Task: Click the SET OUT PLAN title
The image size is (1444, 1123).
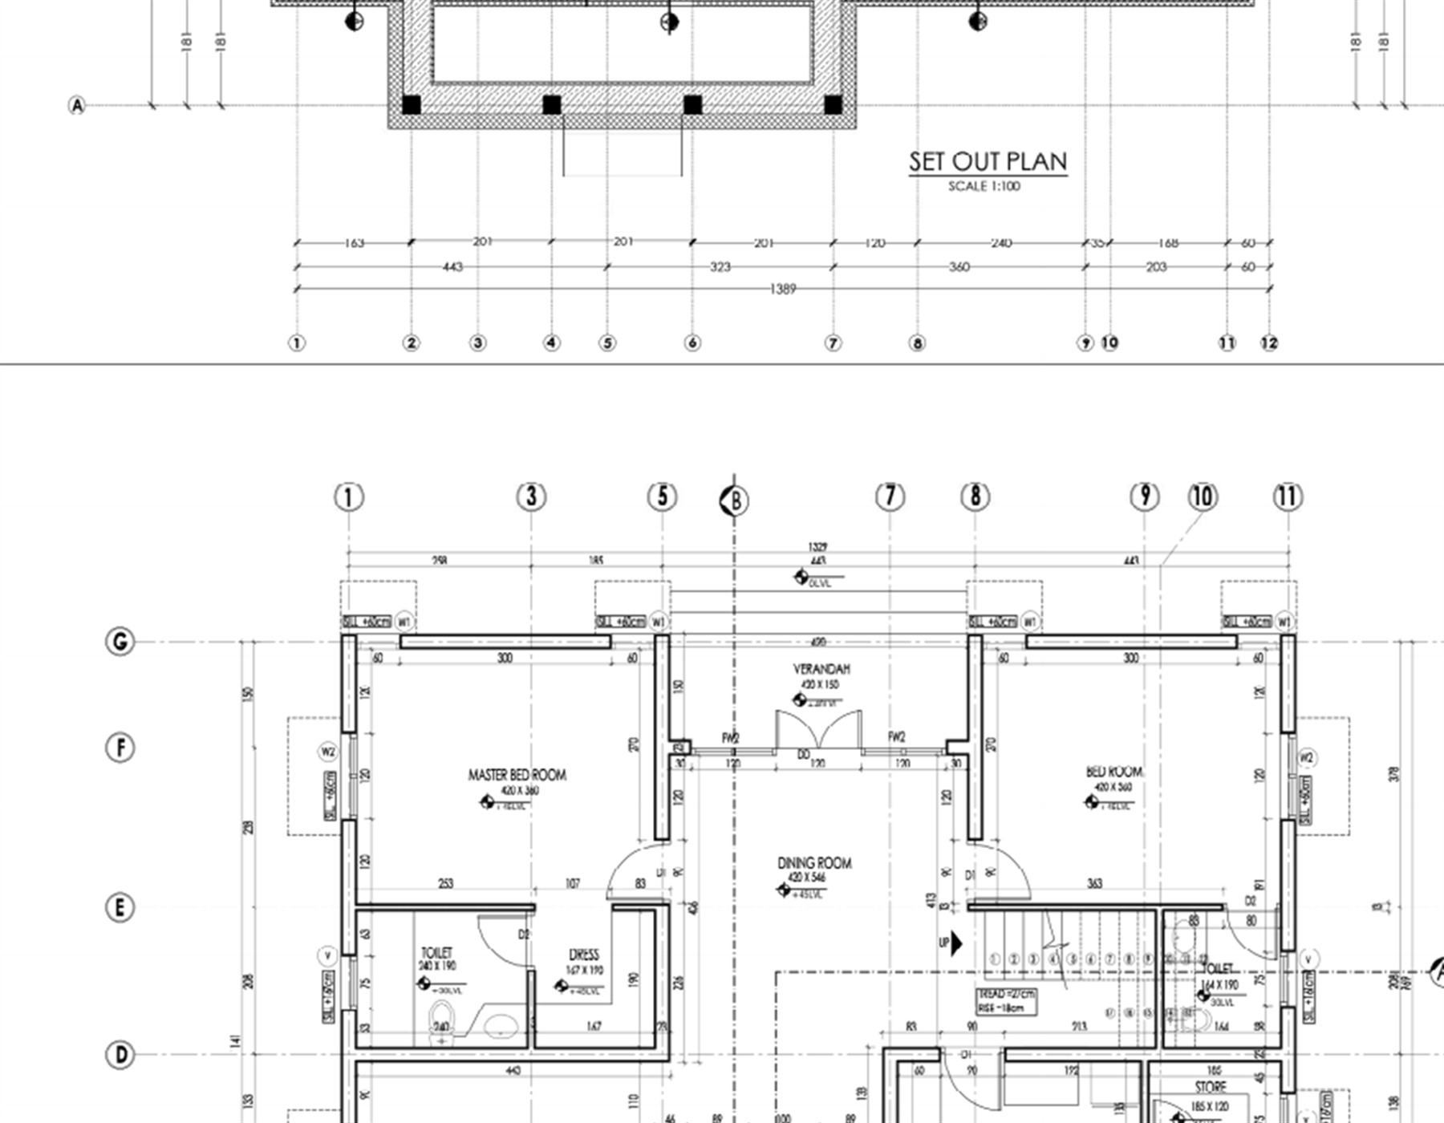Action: pyautogui.click(x=988, y=161)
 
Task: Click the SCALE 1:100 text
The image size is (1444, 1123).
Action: pyautogui.click(x=984, y=186)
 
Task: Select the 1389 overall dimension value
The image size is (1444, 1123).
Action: pyautogui.click(x=782, y=289)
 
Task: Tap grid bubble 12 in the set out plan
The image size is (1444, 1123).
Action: pyautogui.click(x=1268, y=343)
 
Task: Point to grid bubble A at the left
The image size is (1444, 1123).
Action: pyautogui.click(x=77, y=105)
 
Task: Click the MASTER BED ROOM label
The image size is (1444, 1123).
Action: pyautogui.click(x=517, y=775)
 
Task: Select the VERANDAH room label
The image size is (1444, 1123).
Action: pyautogui.click(x=821, y=669)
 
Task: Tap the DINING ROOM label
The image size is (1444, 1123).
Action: pyautogui.click(x=814, y=863)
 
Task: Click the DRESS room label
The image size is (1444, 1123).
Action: pyautogui.click(x=584, y=955)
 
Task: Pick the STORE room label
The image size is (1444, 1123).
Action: pyautogui.click(x=1210, y=1087)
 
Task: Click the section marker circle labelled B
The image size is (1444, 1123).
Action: pyautogui.click(x=734, y=501)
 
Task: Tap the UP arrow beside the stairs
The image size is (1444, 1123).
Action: pyautogui.click(x=955, y=943)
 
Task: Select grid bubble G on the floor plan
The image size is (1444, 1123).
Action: pyautogui.click(x=120, y=642)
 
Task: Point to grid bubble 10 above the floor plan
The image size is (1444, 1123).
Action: pyautogui.click(x=1202, y=497)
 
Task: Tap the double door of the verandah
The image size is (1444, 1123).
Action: pyautogui.click(x=818, y=730)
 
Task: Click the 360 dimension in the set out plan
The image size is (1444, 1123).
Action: pyautogui.click(x=959, y=267)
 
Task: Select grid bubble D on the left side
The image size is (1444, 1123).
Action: pyautogui.click(x=120, y=1054)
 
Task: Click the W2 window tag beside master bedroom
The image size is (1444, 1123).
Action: pyautogui.click(x=327, y=752)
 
